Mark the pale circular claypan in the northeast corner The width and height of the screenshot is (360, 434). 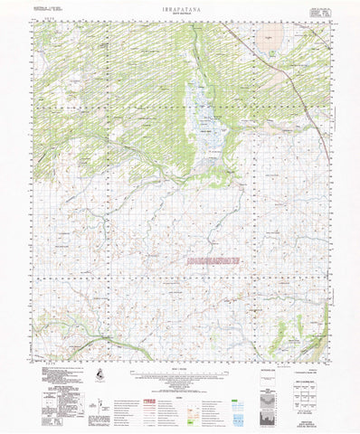point(268,36)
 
